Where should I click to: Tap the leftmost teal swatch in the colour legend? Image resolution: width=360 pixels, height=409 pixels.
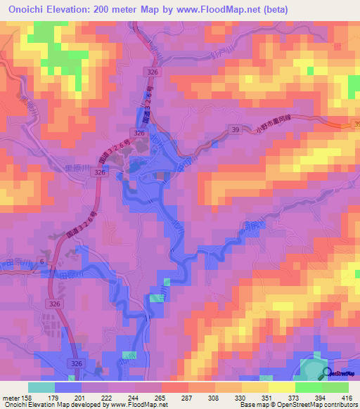41,387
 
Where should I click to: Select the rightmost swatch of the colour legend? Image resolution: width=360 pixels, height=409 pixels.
335,387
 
